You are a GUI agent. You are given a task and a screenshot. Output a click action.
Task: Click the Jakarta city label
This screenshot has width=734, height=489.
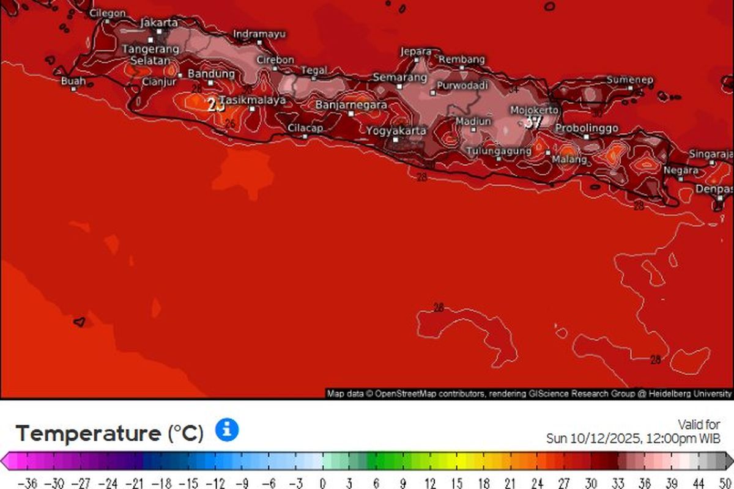tap(159, 23)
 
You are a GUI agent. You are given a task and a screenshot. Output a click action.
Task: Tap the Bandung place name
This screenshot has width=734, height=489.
tap(211, 74)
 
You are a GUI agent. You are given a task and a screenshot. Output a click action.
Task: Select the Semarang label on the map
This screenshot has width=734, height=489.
tap(400, 78)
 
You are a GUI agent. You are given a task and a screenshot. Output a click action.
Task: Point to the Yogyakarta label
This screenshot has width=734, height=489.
tap(396, 131)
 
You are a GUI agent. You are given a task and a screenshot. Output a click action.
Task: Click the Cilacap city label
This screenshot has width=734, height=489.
tap(305, 128)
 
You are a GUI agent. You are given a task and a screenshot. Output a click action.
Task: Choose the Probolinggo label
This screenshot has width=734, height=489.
tap(586, 128)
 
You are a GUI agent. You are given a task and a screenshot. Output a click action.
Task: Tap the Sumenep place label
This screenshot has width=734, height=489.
tap(630, 80)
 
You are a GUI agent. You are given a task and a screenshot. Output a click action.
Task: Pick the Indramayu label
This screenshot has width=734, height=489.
tap(259, 34)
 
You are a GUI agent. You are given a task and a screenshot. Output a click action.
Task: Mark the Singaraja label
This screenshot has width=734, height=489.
tap(711, 154)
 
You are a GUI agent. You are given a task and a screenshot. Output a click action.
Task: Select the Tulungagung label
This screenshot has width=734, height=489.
tap(499, 151)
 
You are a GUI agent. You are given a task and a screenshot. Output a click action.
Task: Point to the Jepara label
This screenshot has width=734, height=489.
tap(416, 52)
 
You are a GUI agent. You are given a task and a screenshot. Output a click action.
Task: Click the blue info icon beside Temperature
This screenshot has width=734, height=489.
tap(227, 430)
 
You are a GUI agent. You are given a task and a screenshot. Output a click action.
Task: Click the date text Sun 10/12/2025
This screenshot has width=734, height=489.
tap(592, 438)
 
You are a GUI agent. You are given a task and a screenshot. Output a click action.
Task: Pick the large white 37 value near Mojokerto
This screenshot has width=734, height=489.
tap(533, 122)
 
